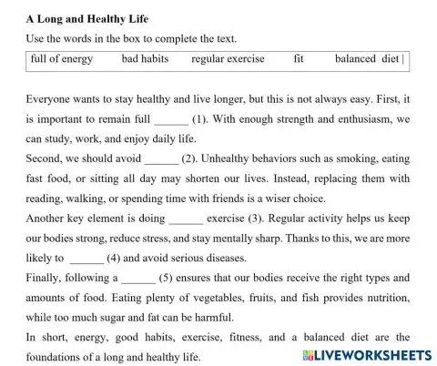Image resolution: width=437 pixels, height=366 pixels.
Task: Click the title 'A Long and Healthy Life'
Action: (x=87, y=18)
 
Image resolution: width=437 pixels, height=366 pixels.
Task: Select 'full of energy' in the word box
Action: (x=62, y=59)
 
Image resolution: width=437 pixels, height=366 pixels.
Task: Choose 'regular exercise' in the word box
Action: (x=228, y=59)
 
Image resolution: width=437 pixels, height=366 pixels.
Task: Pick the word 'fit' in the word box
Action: (x=299, y=59)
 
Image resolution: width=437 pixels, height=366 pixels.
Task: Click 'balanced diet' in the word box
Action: (x=367, y=59)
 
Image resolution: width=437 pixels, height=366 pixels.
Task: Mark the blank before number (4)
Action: (x=86, y=258)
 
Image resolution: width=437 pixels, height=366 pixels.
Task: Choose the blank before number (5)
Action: (x=137, y=278)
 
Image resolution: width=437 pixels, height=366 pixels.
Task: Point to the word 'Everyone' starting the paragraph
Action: (x=51, y=99)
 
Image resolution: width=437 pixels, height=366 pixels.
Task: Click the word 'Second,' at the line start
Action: (x=46, y=158)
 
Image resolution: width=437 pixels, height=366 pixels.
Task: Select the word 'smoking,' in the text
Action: (x=361, y=158)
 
